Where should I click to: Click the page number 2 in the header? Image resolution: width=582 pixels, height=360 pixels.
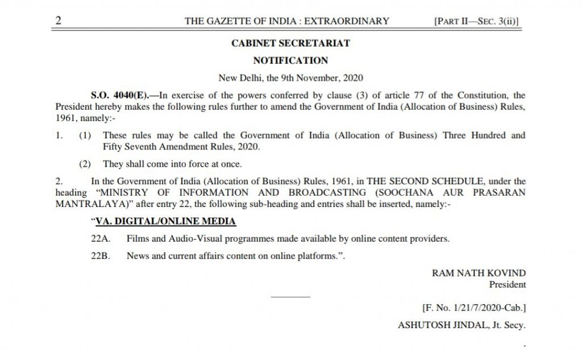(x=58, y=21)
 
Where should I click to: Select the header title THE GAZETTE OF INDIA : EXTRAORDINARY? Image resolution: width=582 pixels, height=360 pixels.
(x=287, y=22)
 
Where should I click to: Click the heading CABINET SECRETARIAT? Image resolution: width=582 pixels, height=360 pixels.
(x=290, y=43)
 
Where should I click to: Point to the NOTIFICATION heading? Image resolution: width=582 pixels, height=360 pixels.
(x=290, y=60)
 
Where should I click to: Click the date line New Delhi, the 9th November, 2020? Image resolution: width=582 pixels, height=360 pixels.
(x=290, y=77)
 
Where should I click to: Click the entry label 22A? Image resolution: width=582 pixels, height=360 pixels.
(x=99, y=239)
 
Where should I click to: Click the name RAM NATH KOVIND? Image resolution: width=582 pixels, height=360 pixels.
(x=479, y=273)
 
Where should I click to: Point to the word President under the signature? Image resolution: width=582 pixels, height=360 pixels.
(x=507, y=284)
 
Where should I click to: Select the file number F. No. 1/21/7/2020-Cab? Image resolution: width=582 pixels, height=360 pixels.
(x=474, y=308)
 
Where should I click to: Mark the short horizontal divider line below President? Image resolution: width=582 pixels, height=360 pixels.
(x=290, y=297)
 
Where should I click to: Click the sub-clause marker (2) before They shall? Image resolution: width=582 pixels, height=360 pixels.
(x=85, y=164)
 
